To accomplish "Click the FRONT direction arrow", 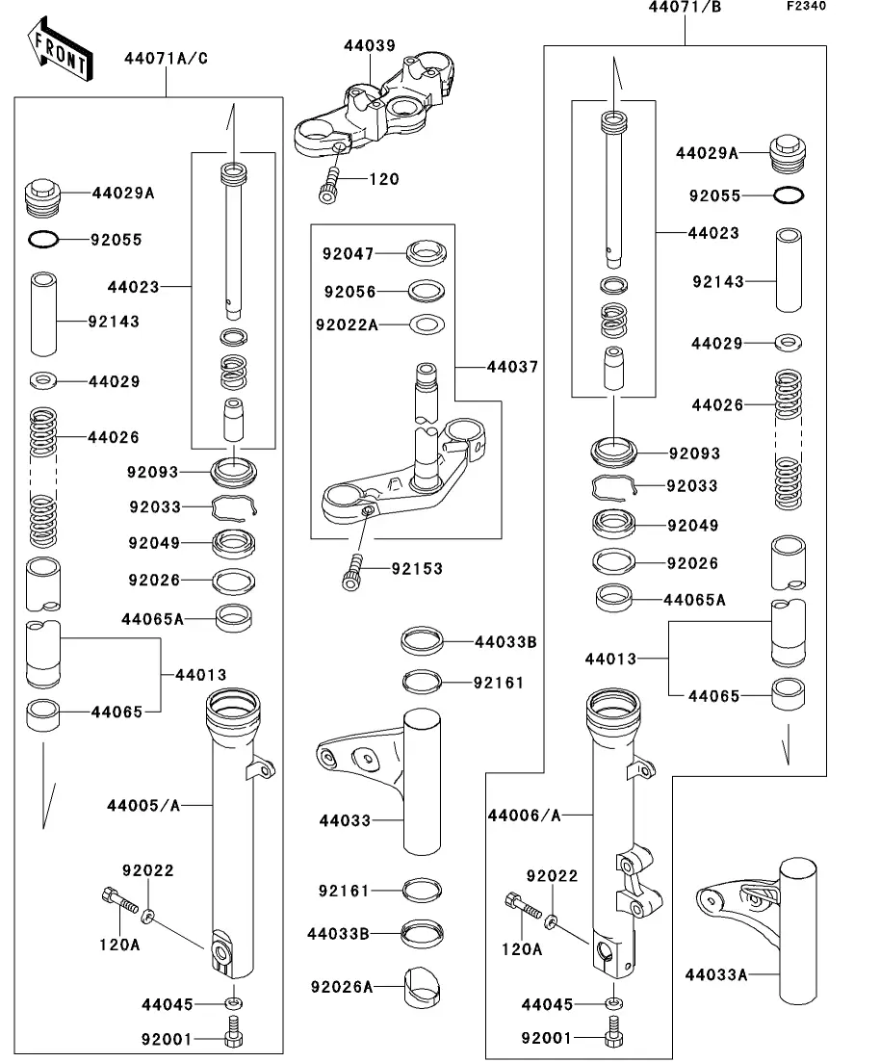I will (60, 50).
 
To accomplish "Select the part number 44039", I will (370, 44).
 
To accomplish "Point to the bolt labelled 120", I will (328, 184).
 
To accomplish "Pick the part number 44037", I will (512, 367).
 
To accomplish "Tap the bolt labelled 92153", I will (351, 570).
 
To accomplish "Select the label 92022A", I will (347, 325).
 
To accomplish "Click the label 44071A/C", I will (166, 58).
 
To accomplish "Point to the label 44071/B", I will (685, 8).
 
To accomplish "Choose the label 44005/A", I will (144, 805).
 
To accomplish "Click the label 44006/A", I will (524, 816).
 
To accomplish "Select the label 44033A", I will (716, 974).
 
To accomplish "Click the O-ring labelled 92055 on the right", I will (789, 195).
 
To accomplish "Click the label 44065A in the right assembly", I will (694, 600).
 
